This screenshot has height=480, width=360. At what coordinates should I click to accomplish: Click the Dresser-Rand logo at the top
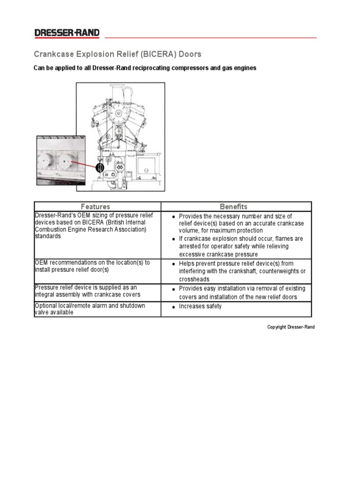[67, 33]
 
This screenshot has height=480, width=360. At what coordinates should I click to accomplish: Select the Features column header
[95, 206]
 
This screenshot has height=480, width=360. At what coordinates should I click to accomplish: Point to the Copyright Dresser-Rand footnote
[291, 327]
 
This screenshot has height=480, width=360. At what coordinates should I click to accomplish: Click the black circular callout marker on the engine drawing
[99, 167]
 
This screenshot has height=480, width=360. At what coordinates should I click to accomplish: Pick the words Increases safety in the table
[200, 306]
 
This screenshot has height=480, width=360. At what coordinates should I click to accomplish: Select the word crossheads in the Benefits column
[194, 279]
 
